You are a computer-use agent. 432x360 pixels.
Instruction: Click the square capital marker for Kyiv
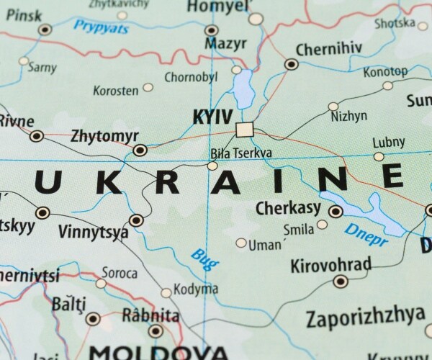(x=245, y=130)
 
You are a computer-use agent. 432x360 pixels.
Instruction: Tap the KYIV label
(x=213, y=117)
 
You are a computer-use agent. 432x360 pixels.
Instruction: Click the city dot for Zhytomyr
(x=140, y=150)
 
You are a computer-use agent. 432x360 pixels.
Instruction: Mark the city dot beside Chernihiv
(x=291, y=64)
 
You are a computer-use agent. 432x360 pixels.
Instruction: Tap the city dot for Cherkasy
(x=336, y=211)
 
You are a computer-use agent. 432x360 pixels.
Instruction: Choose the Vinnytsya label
(x=94, y=233)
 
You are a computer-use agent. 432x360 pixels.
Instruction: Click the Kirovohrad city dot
(x=341, y=281)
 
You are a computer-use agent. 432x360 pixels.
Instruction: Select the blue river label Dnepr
(x=366, y=234)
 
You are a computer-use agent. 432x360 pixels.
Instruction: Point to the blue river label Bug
(x=204, y=259)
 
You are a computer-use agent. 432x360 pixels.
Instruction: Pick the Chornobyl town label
(x=192, y=77)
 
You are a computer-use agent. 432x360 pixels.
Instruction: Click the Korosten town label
(x=115, y=91)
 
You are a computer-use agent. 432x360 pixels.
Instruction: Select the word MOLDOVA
(x=158, y=353)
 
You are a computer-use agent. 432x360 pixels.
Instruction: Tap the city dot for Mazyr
(x=211, y=30)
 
